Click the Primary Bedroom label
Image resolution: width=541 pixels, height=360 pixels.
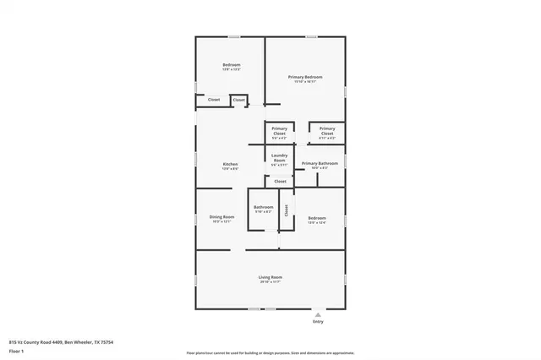pyautogui.click(x=304, y=77)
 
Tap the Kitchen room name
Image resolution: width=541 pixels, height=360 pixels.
pyautogui.click(x=230, y=164)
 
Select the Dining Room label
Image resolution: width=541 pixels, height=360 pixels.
pyautogui.click(x=221, y=217)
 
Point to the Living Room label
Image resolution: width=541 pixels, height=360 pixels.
pyautogui.click(x=270, y=277)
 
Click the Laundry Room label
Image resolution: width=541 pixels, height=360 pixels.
pyautogui.click(x=280, y=157)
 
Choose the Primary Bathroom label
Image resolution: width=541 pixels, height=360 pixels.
pyautogui.click(x=320, y=163)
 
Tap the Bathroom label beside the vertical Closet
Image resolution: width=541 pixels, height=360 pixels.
pyautogui.click(x=264, y=207)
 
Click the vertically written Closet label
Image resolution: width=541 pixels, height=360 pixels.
pyautogui.click(x=286, y=210)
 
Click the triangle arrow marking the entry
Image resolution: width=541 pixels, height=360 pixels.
pyautogui.click(x=318, y=314)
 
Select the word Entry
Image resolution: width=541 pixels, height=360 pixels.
pyautogui.click(x=318, y=322)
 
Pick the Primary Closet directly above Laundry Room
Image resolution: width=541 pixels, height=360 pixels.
pyautogui.click(x=279, y=131)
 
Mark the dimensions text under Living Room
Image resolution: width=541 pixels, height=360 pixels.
pyautogui.click(x=270, y=282)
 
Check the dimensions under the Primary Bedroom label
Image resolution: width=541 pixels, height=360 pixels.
pyautogui.click(x=304, y=82)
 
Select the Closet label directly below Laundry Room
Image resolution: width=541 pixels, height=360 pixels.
pyautogui.click(x=280, y=181)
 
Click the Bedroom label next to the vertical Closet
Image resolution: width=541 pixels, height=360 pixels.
pyautogui.click(x=316, y=217)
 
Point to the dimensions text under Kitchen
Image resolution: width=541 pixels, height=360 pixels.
pyautogui.click(x=230, y=169)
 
